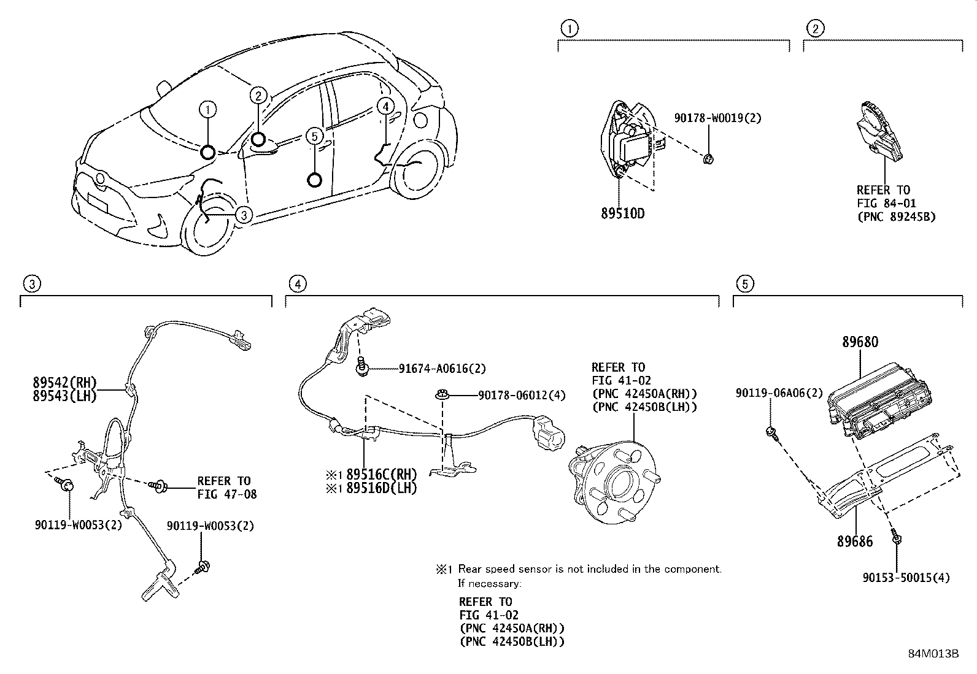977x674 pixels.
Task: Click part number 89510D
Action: (x=622, y=213)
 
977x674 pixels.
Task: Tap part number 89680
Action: (x=860, y=342)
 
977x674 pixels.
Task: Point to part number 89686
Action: (x=854, y=541)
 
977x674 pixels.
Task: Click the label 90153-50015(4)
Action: (x=906, y=578)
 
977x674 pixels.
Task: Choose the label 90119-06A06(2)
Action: (x=779, y=393)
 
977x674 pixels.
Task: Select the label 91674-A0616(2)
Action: (x=442, y=369)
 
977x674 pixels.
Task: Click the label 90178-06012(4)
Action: (x=522, y=396)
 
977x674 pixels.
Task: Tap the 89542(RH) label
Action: (x=64, y=383)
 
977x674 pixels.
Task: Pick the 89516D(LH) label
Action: (x=381, y=488)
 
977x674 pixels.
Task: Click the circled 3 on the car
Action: (x=244, y=215)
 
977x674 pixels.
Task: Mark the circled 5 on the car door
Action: (x=314, y=136)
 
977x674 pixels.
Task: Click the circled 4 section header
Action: (x=297, y=283)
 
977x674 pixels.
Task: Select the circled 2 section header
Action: (x=815, y=28)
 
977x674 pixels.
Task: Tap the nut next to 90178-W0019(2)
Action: (x=708, y=159)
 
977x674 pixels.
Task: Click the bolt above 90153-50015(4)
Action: (x=896, y=539)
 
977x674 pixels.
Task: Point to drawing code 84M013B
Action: (x=933, y=653)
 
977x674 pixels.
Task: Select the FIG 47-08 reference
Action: (x=227, y=494)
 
